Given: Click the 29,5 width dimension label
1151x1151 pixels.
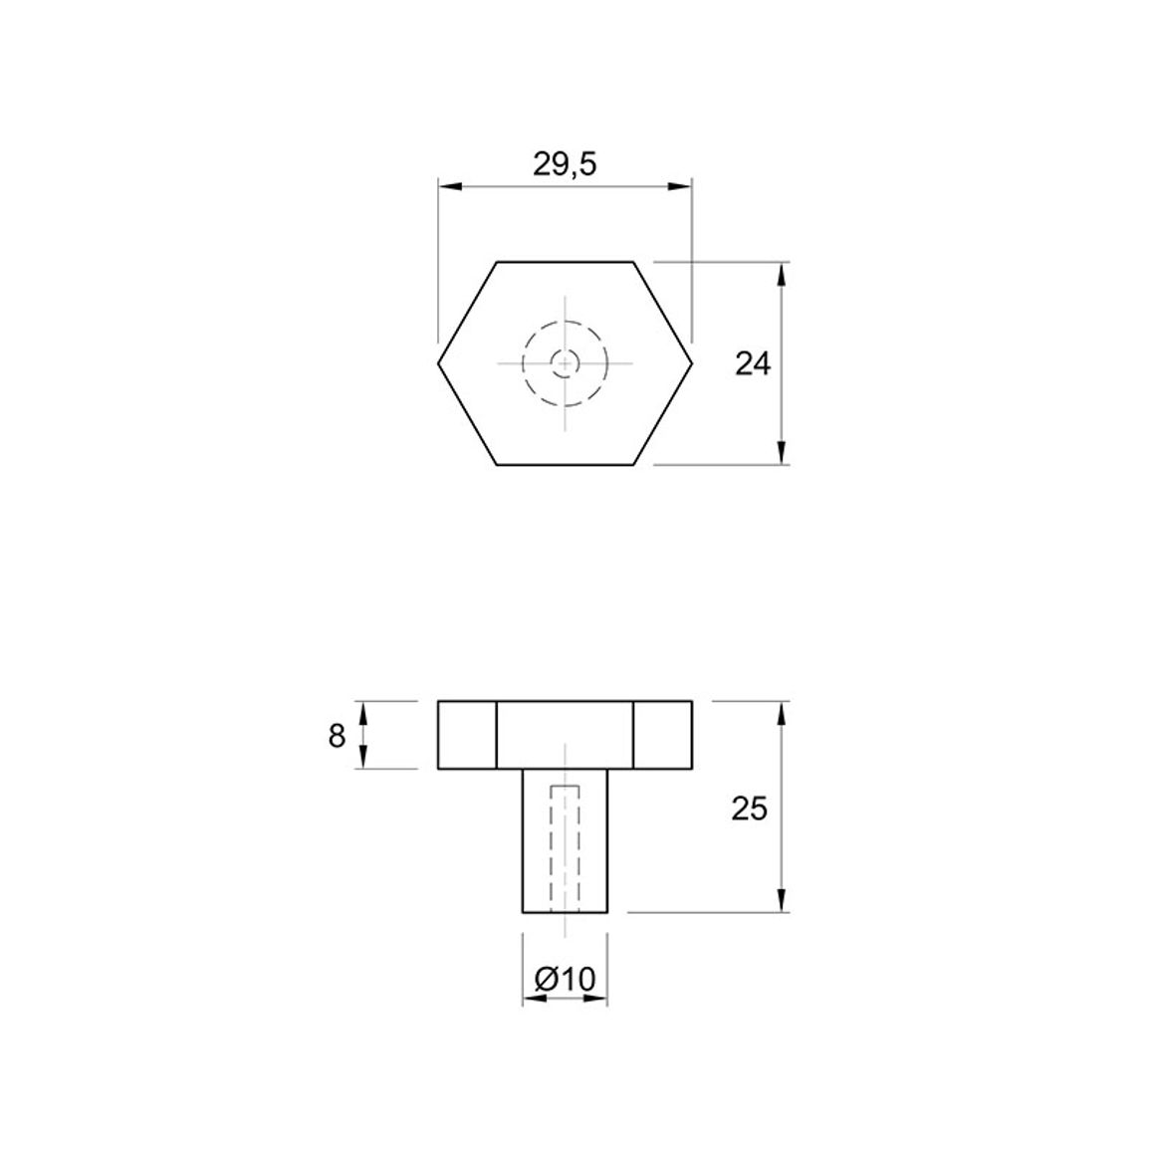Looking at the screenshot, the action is tap(565, 165).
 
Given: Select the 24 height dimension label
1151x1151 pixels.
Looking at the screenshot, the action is tap(753, 363).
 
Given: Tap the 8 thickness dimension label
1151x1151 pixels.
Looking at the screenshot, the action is tap(337, 736).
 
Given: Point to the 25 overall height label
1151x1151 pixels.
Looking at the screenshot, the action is tap(750, 808).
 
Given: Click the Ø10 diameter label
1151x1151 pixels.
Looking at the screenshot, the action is tap(565, 979).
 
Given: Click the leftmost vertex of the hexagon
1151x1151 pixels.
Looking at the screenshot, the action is tap(439, 362).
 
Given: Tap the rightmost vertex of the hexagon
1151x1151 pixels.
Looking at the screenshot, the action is tap(691, 362).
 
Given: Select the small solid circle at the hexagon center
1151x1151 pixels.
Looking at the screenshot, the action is tap(566, 362).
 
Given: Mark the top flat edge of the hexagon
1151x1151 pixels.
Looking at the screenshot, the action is tap(566, 261).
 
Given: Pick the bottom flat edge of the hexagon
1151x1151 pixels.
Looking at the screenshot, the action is tap(566, 465).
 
